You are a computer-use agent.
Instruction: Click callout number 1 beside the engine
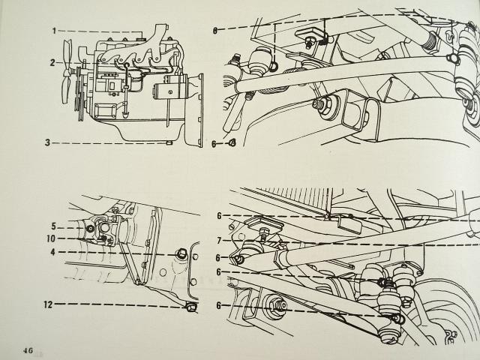click(54, 31)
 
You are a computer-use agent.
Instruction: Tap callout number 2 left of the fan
click(52, 63)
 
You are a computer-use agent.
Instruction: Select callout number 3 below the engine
click(47, 142)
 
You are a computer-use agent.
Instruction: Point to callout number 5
click(53, 226)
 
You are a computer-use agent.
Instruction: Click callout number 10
click(51, 238)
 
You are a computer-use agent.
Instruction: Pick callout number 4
click(53, 252)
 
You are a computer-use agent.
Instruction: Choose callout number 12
click(48, 304)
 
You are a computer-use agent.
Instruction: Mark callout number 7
click(219, 241)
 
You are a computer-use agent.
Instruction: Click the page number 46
click(28, 350)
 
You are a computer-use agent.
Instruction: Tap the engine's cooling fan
click(67, 72)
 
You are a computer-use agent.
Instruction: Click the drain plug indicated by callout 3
click(169, 143)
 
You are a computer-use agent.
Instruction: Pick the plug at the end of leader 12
click(191, 306)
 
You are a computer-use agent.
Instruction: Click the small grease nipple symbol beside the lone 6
click(232, 142)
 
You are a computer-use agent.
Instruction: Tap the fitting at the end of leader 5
click(90, 229)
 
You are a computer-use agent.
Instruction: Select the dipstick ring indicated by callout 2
click(127, 64)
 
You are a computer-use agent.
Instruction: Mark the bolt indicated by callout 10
click(103, 238)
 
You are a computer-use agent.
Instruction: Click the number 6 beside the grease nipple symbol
click(214, 143)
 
